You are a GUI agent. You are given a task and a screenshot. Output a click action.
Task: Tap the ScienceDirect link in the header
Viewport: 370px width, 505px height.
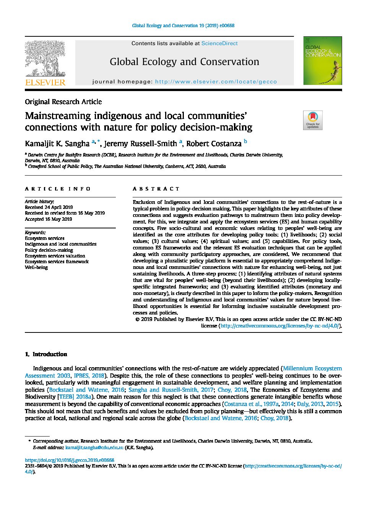point(219,44)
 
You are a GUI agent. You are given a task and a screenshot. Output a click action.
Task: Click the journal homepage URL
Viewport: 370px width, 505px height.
point(216,81)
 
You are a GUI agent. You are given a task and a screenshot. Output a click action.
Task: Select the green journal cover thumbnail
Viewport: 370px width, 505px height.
point(323,60)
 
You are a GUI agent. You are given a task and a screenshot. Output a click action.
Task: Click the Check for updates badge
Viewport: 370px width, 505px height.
point(313,120)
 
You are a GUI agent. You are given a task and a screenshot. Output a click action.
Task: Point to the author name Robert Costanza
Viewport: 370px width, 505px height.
point(214,144)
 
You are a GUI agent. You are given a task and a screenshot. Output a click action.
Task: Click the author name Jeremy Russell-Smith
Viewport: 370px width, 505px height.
point(140,144)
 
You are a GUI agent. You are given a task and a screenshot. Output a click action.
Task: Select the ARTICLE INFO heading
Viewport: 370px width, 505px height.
point(58,189)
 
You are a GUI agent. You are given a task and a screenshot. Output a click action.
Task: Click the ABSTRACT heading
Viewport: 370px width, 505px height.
point(156,189)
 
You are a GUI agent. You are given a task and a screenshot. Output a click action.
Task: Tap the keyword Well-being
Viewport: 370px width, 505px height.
point(36,267)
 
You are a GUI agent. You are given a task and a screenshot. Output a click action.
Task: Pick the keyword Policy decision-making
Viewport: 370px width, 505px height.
point(49,250)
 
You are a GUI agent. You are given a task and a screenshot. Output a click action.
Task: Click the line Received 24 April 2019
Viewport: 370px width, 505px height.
point(49,207)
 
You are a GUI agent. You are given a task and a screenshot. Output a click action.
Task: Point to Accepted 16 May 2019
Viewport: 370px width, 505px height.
point(48,219)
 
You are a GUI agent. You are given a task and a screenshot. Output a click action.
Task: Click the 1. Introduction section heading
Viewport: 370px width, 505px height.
point(46,354)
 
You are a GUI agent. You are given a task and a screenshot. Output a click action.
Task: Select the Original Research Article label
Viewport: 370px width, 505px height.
point(63,102)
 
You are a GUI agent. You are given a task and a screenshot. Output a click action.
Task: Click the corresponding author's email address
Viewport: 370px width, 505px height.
point(94,447)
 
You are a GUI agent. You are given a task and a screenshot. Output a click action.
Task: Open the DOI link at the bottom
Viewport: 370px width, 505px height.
point(70,460)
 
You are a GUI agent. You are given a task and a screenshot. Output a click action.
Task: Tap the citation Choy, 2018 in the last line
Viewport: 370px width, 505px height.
point(274,418)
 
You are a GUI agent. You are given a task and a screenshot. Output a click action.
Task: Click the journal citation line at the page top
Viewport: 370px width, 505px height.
point(183,26)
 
